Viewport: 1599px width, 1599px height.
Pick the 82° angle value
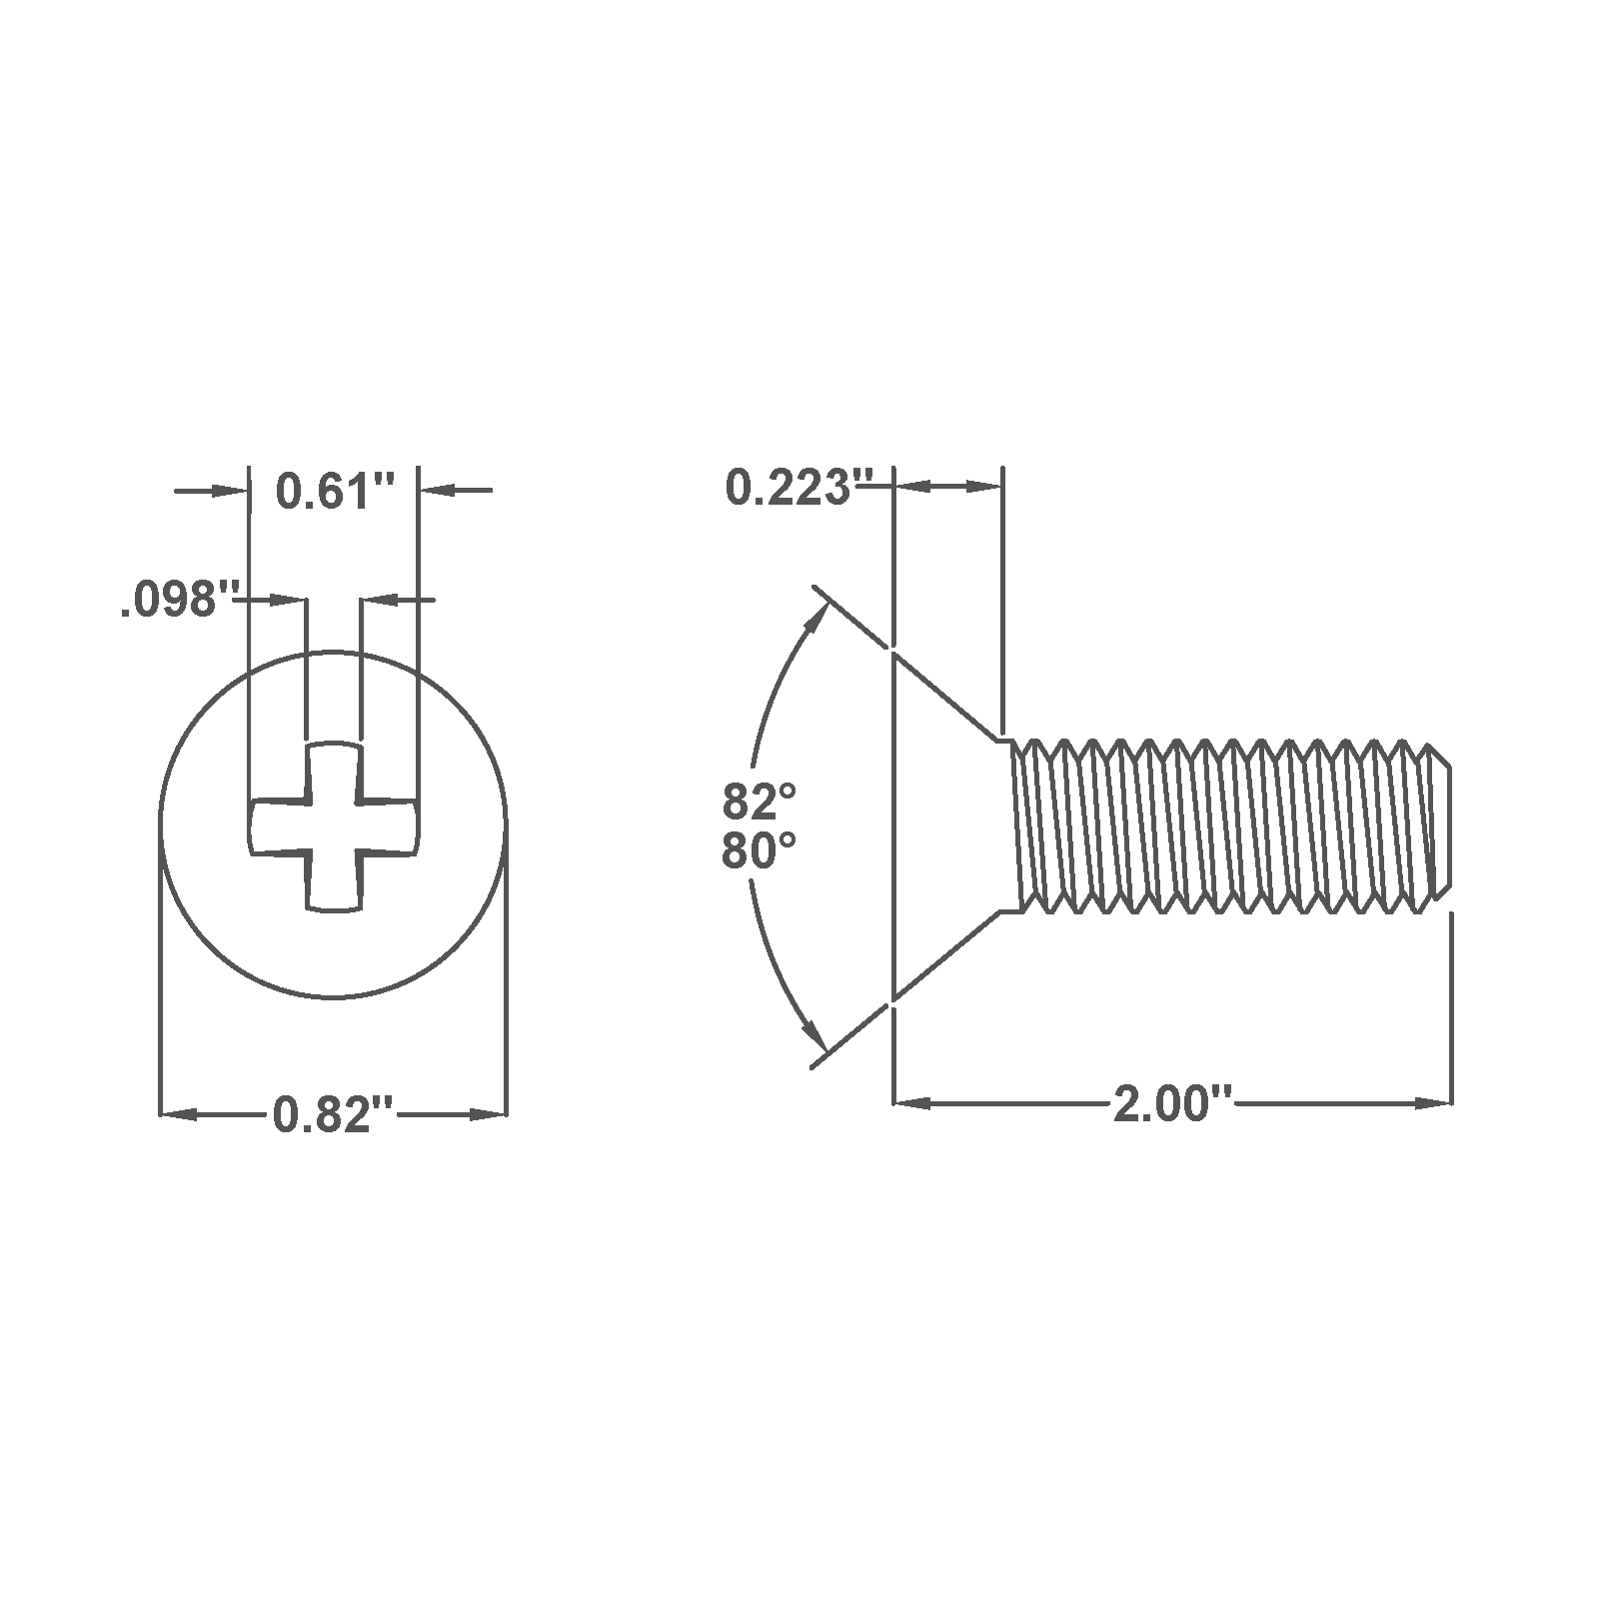(x=760, y=801)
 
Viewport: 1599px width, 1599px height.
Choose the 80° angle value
(x=760, y=852)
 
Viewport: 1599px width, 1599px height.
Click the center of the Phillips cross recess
(x=334, y=826)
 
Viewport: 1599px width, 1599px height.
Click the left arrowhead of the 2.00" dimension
(x=911, y=1103)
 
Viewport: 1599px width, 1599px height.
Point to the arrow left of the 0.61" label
(x=228, y=491)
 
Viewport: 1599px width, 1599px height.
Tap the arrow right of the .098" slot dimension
(x=382, y=600)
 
